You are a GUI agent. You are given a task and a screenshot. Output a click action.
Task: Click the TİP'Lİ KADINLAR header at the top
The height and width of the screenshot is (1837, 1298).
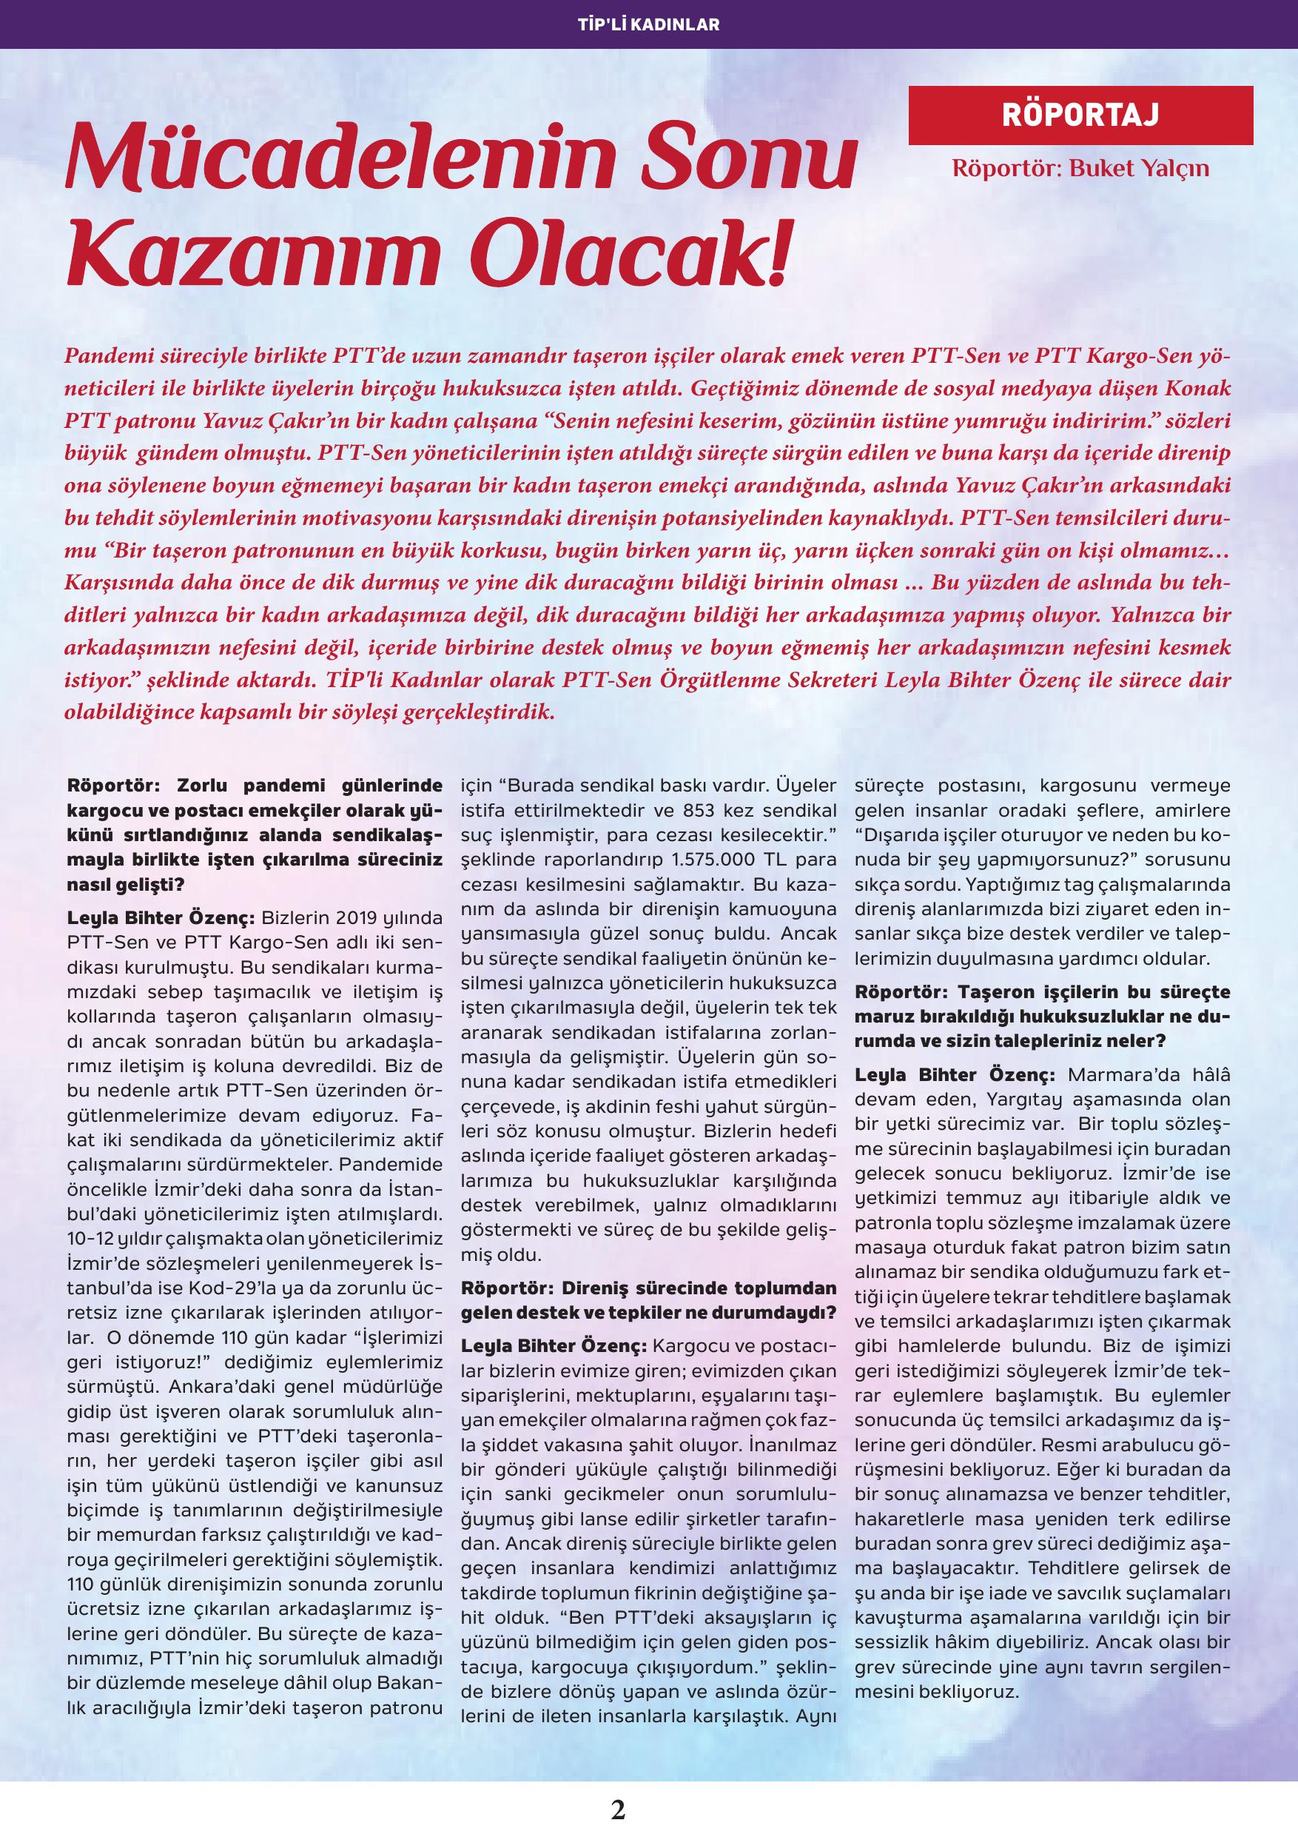tap(648, 24)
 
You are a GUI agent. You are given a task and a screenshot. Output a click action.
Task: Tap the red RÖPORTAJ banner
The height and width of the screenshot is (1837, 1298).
tap(1080, 116)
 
